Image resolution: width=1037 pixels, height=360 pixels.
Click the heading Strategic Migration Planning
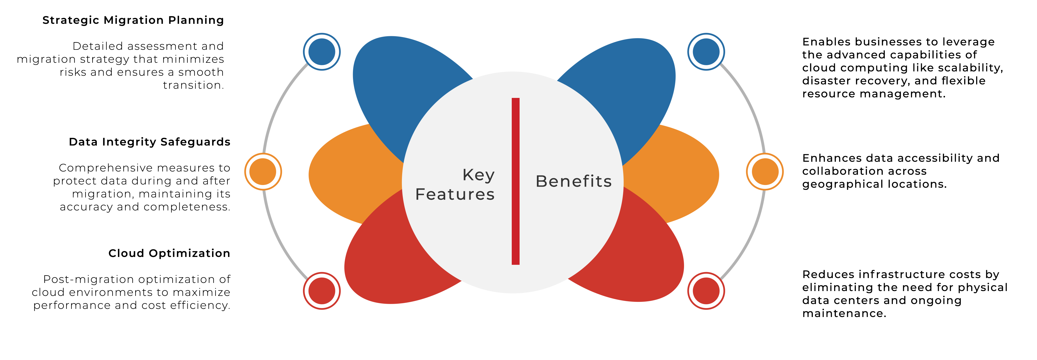click(133, 20)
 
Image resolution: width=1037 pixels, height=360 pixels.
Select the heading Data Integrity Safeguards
click(149, 142)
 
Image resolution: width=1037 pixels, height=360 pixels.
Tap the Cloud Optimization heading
click(169, 253)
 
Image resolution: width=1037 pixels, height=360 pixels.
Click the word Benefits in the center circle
click(573, 181)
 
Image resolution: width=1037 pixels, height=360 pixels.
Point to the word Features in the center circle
click(455, 194)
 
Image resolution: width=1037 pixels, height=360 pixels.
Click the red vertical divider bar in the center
click(515, 181)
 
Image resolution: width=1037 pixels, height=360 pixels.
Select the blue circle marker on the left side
click(322, 52)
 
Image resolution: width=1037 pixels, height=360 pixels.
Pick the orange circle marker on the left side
click(263, 171)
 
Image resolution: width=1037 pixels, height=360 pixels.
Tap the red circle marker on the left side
click(322, 291)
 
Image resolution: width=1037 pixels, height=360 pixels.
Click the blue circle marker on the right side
click(706, 52)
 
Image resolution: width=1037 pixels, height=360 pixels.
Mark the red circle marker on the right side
click(706, 291)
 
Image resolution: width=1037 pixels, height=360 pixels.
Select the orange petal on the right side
click(676, 173)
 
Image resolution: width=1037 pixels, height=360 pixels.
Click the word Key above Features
click(478, 175)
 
